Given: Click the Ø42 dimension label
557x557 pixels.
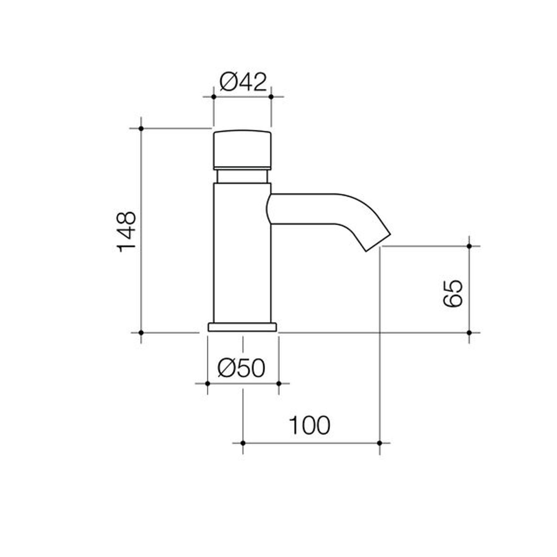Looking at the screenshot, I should coord(243,82).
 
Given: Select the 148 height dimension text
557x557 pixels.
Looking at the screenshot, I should coord(127,232).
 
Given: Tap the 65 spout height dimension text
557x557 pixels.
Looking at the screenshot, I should coord(453,293).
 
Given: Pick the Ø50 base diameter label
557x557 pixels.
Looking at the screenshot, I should coord(242,368).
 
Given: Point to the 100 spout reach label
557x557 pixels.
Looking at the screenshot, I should coord(309,425).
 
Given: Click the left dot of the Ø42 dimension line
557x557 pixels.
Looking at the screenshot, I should coord(214,97).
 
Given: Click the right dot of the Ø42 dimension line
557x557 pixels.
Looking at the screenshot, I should coord(271,97).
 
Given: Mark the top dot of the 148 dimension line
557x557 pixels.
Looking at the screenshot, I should coord(141,128).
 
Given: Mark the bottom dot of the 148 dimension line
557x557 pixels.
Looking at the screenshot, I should coord(141,332).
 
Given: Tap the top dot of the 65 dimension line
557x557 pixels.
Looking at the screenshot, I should coord(469,246).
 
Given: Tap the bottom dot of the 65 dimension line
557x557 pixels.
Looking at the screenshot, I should coord(469,332).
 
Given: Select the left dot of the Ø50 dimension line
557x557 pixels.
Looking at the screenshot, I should coord(208,384).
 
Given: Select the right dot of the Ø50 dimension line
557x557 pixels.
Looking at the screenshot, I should coord(279,384).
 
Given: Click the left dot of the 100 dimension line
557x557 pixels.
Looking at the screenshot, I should coord(243,443).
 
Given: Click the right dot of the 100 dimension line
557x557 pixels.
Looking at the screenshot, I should coord(380,443).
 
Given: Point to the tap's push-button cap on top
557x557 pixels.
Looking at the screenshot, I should coord(242,150).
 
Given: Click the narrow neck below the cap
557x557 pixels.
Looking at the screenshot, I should coord(242,176).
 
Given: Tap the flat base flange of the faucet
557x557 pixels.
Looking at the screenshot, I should coord(242,327).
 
